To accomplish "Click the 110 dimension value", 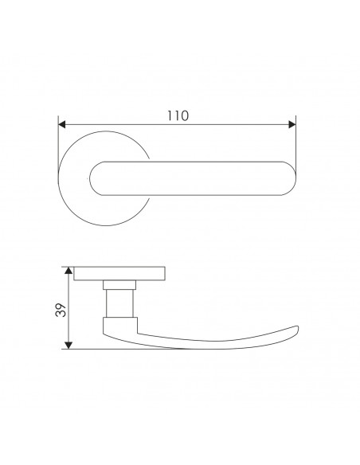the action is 178,115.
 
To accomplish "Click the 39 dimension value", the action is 61,310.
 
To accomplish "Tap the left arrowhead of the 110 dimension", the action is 61,124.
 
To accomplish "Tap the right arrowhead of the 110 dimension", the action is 292,124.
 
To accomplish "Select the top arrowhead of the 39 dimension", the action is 68,271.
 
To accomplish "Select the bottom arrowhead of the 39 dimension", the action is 68,346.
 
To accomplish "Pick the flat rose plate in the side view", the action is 119,274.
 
